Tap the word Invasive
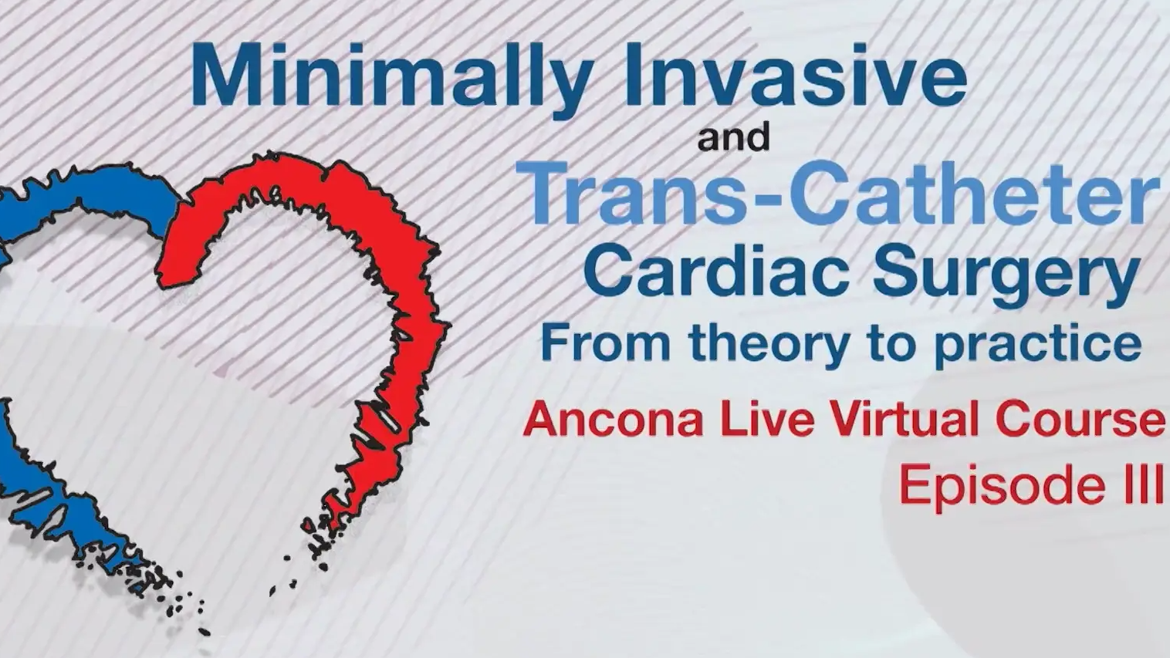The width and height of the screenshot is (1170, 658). [793, 74]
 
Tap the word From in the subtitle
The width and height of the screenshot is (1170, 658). [605, 343]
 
